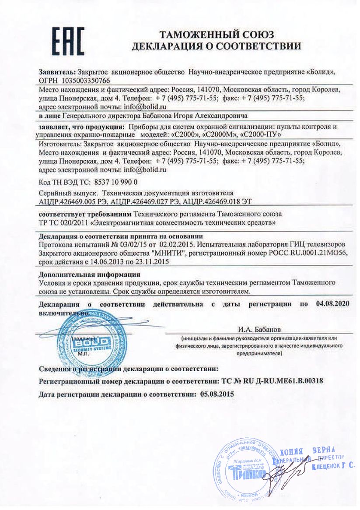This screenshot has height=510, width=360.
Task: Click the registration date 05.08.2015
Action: click(217, 394)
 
